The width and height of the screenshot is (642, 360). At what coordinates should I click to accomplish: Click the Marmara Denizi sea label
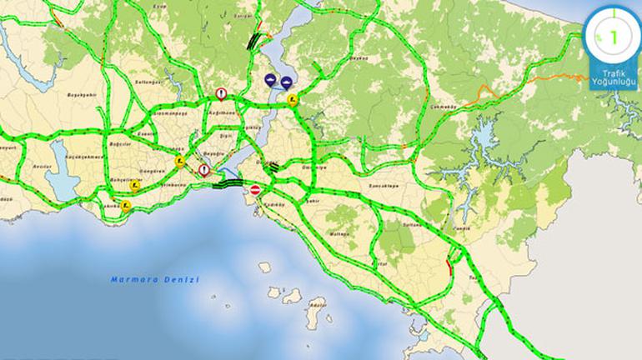point(154,280)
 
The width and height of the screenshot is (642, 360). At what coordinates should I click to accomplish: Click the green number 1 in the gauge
point(614,37)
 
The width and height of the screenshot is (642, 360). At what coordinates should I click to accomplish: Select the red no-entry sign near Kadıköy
point(256,191)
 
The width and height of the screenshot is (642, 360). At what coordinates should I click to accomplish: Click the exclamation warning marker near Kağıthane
point(221,94)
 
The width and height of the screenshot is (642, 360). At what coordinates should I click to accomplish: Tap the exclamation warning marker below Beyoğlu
point(204,170)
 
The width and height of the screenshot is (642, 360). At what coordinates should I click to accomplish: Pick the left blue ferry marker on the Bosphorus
point(270,80)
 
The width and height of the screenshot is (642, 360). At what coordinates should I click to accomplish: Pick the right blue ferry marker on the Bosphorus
point(285,82)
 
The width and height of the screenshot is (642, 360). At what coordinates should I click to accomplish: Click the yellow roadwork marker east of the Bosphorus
point(293,100)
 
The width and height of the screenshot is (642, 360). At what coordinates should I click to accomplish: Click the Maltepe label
point(339,235)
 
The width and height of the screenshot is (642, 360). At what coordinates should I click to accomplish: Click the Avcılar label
point(40,164)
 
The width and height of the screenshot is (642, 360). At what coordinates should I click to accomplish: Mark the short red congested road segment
point(449,267)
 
